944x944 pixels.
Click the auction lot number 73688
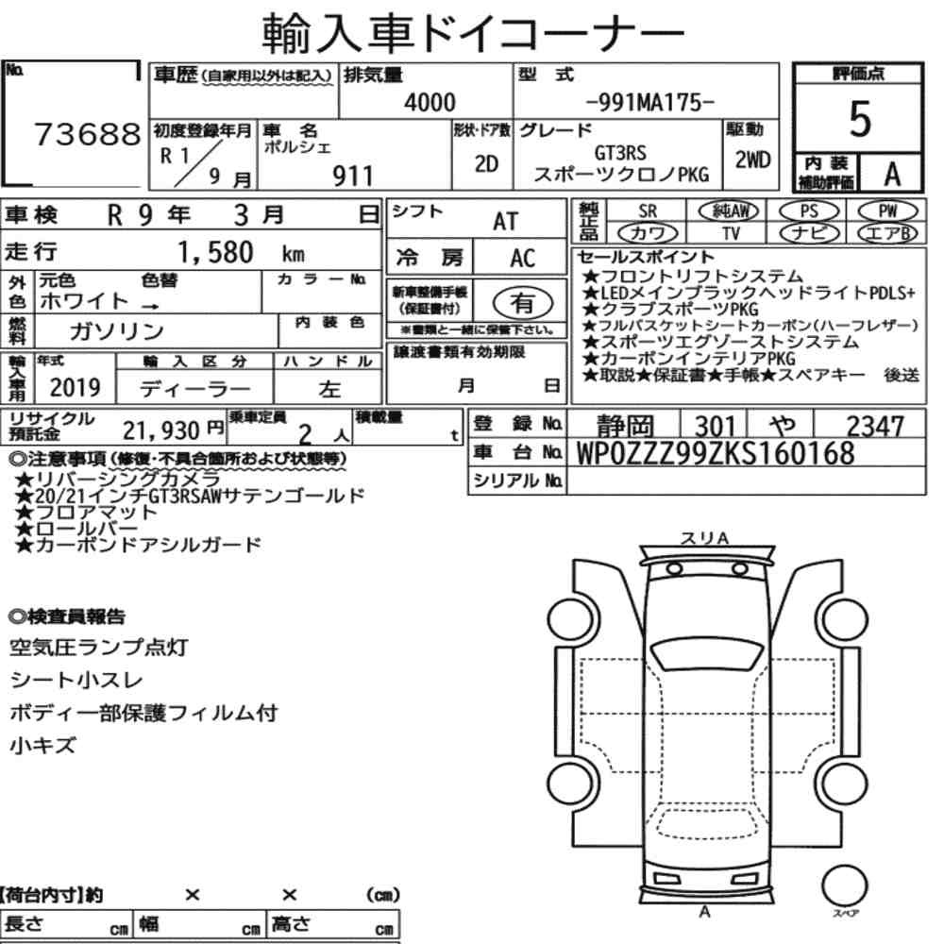coord(87,134)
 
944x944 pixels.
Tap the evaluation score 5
coord(860,119)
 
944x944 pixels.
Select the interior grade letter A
coord(892,175)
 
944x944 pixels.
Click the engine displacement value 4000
coord(430,102)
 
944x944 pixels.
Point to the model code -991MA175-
coord(649,102)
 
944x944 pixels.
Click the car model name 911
coord(353,177)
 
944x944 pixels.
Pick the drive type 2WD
coord(752,160)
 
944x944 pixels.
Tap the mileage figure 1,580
coord(215,252)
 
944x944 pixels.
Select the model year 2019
coord(75,387)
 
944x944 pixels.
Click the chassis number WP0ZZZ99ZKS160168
coord(716,453)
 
